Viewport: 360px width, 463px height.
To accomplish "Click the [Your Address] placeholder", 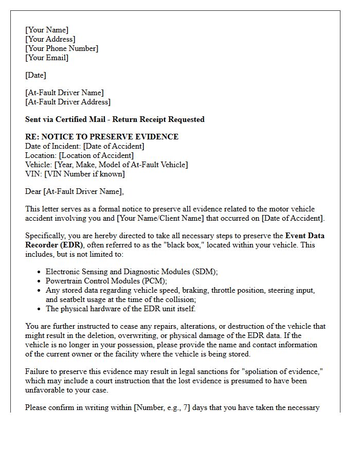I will tap(50, 39).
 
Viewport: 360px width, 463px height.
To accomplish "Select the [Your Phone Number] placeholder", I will tap(62, 48).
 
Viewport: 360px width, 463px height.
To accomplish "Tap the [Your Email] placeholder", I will tap(47, 58).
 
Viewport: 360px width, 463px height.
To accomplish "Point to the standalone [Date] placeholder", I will tap(35, 75).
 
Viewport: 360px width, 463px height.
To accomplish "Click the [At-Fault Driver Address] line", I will tap(68, 102).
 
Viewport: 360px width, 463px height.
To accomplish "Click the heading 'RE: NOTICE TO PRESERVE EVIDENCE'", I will tap(102, 137).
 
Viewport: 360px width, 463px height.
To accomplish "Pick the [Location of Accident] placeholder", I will tap(96, 155).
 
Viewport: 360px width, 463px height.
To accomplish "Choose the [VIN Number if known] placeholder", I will tap(84, 174).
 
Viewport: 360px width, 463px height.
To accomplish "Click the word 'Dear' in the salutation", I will tap(33, 191).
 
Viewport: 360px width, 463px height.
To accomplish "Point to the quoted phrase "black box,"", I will tap(181, 245).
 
